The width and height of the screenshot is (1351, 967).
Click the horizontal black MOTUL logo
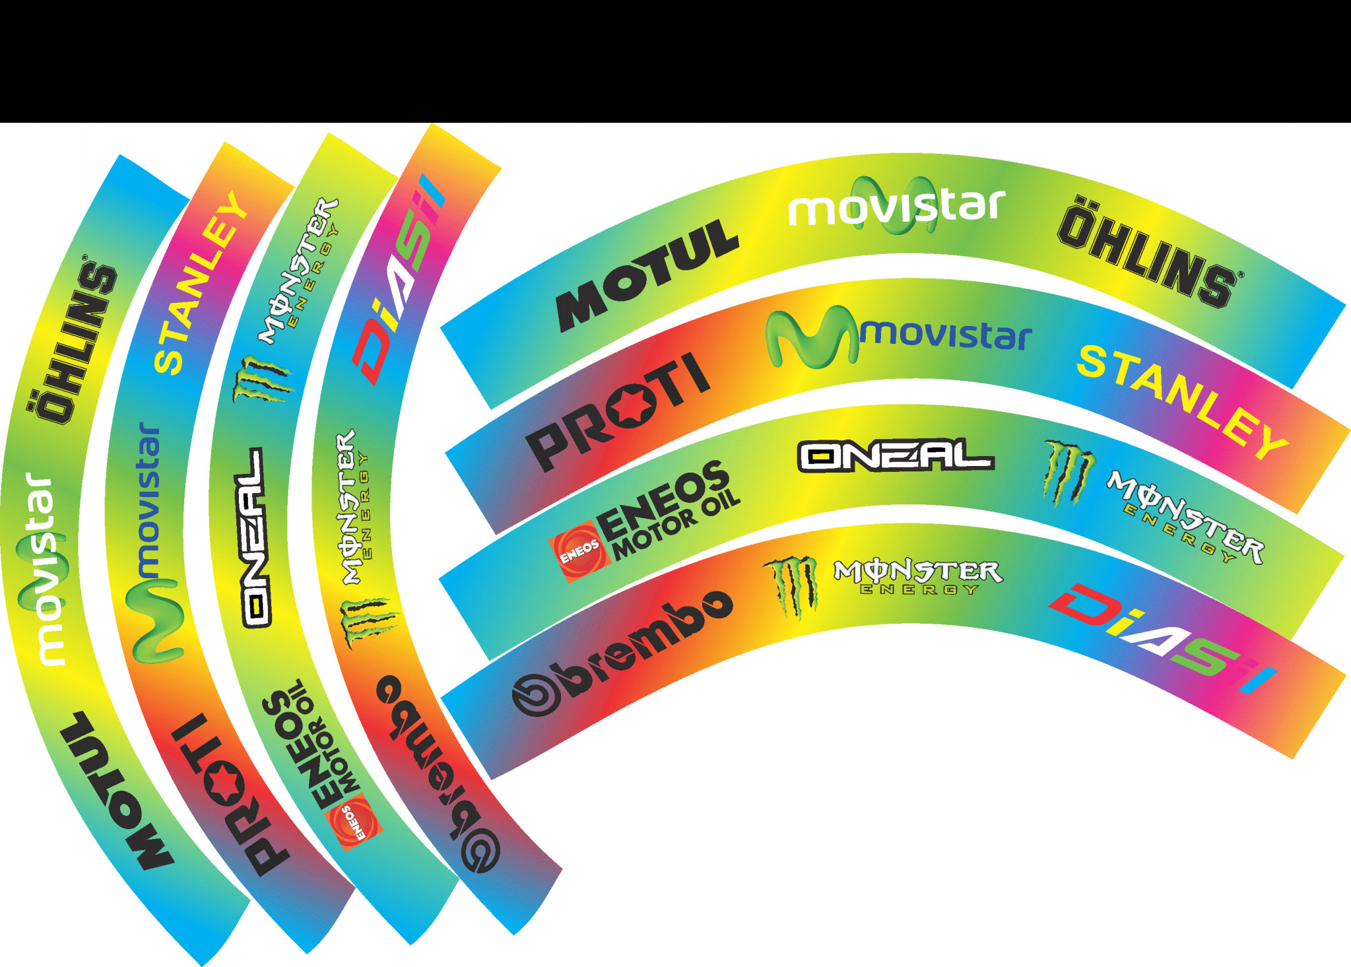(647, 274)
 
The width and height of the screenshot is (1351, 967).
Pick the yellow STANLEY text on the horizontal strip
(1182, 400)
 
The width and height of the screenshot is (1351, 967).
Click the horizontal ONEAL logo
(896, 455)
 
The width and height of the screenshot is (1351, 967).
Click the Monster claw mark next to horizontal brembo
(791, 587)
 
